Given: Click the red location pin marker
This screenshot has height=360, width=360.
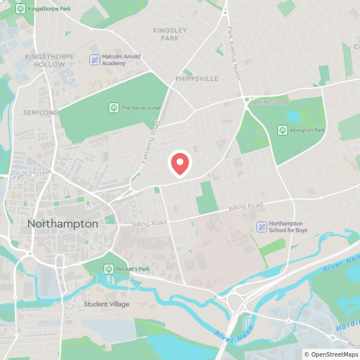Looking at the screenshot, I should point(180,164).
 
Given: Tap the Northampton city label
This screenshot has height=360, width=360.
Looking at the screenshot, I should point(62,224).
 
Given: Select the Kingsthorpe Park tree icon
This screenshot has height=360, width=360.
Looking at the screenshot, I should point(21,9).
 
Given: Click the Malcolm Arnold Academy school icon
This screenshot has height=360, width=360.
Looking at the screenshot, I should point(95,59).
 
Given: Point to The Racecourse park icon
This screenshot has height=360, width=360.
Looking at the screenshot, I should point(114,107).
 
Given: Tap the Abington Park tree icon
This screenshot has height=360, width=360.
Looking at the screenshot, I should point(282,130).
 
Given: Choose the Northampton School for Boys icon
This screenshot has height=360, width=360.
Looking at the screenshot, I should point(262,227).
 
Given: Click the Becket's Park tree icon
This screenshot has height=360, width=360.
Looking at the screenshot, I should point(109,269).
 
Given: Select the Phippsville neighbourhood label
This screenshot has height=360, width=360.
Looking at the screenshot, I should point(196,79).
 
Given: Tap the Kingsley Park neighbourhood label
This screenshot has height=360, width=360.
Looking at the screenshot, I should point(166,34).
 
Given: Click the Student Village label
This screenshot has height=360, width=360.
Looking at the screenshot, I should point(106,304).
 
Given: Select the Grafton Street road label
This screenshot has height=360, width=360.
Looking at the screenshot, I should point(30,175).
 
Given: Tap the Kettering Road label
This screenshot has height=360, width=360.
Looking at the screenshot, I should point(150,142).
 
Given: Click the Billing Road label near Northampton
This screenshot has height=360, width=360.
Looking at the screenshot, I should point(149,223).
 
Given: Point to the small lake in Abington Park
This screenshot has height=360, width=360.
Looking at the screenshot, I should point(293,116).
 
